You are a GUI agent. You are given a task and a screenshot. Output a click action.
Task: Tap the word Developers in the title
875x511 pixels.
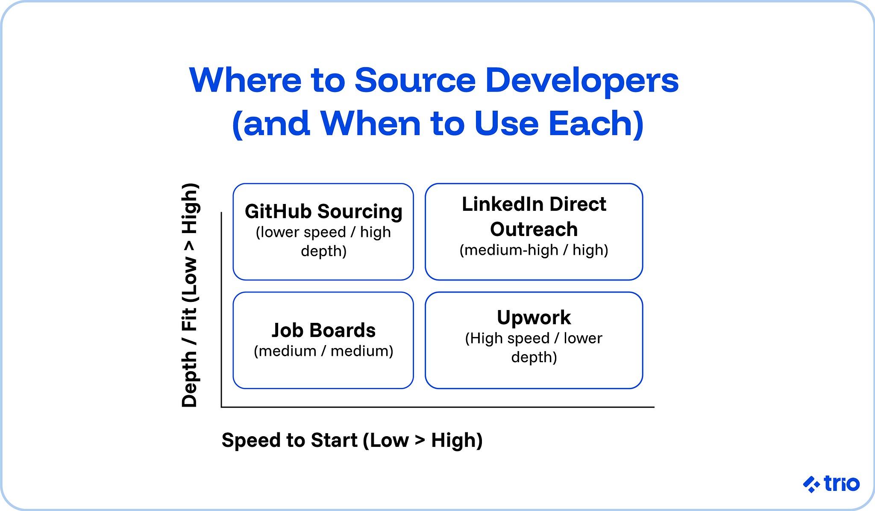tap(582, 81)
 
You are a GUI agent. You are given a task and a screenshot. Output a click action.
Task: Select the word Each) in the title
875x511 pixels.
tap(596, 124)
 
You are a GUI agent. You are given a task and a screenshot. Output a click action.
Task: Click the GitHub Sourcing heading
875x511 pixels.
tap(323, 211)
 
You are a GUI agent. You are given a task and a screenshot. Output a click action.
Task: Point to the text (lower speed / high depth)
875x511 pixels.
tap(323, 241)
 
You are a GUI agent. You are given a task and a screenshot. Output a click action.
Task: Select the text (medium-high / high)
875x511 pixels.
tap(534, 250)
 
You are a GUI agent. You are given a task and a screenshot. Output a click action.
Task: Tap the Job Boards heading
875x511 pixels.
tap(323, 330)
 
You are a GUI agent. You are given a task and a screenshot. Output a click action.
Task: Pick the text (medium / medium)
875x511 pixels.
tap(323, 351)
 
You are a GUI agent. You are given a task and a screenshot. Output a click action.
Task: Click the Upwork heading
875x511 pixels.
tap(534, 317)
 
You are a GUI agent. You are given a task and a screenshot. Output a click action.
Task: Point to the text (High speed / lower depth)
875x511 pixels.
tap(534, 347)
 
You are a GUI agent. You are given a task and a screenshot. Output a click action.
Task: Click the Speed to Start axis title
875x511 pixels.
tap(352, 440)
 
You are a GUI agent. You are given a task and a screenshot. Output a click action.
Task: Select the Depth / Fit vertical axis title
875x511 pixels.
tap(190, 295)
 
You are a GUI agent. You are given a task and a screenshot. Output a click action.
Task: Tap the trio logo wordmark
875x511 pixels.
tap(841, 484)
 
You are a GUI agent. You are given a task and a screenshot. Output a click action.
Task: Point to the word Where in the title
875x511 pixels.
tap(245, 80)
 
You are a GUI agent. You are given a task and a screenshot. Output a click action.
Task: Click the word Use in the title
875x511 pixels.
tap(506, 124)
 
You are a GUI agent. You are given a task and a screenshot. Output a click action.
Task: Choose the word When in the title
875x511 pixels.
tap(370, 124)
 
